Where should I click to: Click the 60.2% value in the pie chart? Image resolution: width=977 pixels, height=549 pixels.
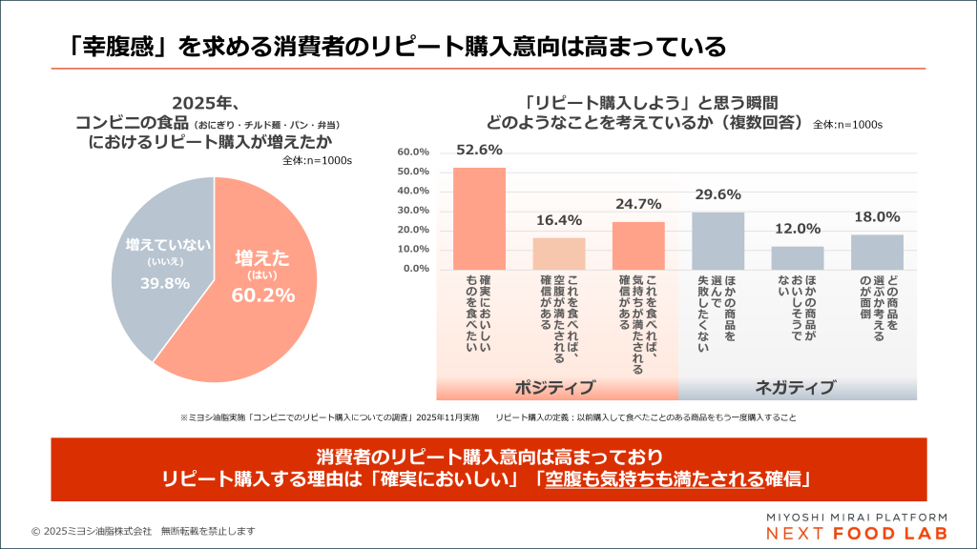[262, 295]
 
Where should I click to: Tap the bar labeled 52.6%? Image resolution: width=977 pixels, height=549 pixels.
[479, 218]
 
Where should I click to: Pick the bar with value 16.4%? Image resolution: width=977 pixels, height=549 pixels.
[558, 253]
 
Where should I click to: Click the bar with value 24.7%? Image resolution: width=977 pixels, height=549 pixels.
[638, 245]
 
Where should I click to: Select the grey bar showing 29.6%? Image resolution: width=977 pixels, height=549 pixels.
[717, 240]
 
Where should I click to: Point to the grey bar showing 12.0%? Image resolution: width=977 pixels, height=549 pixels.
[798, 257]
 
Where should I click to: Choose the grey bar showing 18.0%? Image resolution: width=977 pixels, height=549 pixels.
[877, 252]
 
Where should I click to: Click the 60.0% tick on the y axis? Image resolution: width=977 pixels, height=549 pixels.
[413, 152]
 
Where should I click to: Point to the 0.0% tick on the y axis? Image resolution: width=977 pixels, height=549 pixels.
[415, 269]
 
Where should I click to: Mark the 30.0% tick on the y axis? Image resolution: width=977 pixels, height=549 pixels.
[413, 211]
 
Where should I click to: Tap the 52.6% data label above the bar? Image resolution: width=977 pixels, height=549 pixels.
[479, 151]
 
